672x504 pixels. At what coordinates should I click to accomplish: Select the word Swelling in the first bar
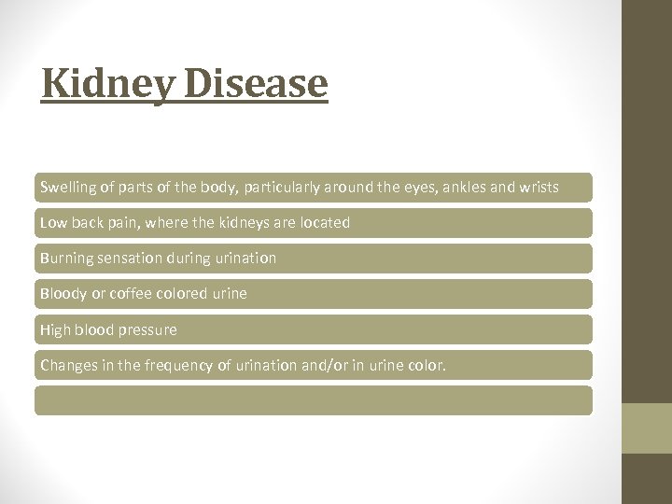(67, 188)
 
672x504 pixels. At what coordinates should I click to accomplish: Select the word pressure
(147, 329)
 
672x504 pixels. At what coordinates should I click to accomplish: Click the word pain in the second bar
(119, 222)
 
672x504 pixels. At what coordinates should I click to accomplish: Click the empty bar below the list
(314, 400)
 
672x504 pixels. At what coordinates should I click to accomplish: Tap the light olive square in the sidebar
(647, 427)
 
